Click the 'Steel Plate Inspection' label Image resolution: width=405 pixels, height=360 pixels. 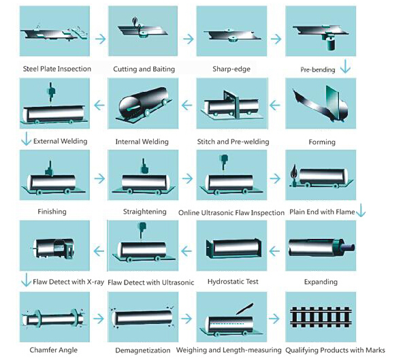point(57,69)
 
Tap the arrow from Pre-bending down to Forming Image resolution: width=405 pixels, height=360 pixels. point(345,66)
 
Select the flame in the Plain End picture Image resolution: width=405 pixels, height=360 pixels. point(293,171)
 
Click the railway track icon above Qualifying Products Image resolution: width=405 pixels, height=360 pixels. point(321,317)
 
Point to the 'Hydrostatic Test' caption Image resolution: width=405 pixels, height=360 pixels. point(233,282)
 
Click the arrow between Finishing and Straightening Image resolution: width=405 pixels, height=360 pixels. point(99,178)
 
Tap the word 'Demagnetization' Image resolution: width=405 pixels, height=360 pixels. point(142,350)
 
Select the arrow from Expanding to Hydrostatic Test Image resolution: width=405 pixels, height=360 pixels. point(274,250)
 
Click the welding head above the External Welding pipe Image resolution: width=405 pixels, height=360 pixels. point(51,93)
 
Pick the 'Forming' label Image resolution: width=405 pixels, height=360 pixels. point(322,142)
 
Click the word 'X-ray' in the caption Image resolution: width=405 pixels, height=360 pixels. point(95,282)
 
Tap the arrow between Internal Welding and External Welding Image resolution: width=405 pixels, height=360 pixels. point(99,105)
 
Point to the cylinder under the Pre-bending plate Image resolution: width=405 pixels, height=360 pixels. point(330,44)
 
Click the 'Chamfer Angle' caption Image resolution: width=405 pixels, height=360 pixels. point(54,350)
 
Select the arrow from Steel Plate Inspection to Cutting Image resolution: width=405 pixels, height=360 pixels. point(101,39)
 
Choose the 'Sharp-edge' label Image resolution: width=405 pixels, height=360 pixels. point(231,69)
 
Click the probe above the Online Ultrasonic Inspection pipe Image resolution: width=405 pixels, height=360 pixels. point(224,161)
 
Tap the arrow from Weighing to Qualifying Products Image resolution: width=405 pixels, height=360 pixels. point(274,318)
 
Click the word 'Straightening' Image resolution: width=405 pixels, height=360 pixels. point(144,212)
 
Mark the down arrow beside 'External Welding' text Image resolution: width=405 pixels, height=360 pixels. point(26,139)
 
